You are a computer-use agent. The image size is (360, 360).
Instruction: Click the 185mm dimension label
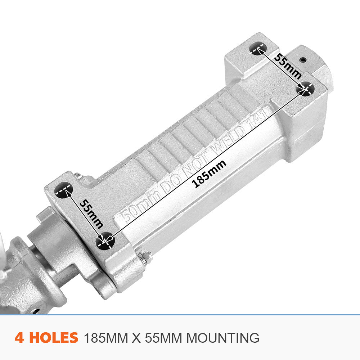pos(210,174)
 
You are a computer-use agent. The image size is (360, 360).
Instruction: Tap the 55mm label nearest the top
pos(288,66)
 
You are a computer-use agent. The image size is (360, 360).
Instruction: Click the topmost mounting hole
pos(258,48)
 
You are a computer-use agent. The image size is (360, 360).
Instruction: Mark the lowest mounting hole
pos(105,240)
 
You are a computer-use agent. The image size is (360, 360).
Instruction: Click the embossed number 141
pos(257,118)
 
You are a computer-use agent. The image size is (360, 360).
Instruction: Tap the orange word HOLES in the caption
pos(53,338)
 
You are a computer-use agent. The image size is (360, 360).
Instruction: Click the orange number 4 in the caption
pos(20,338)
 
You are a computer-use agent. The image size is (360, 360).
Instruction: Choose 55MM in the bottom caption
pos(162,338)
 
